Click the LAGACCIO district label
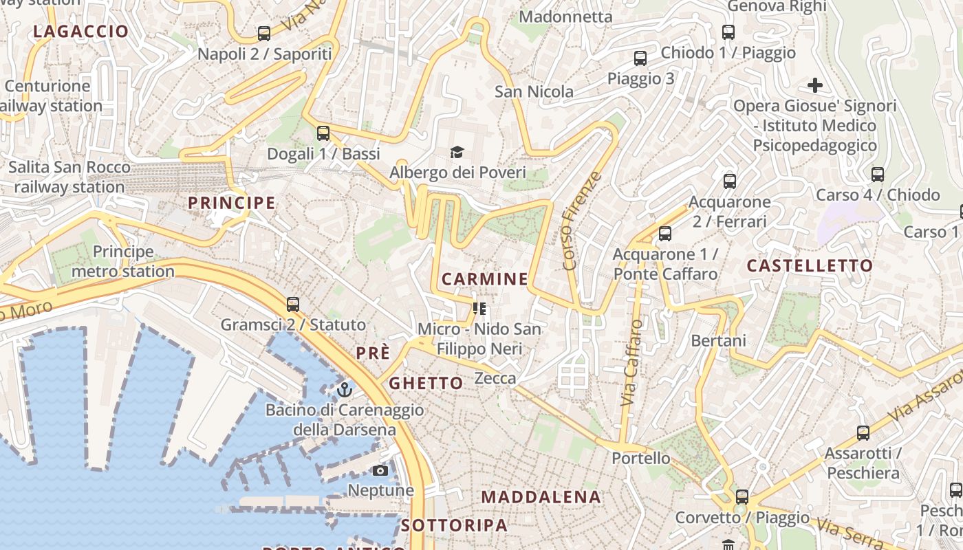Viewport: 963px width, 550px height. point(80,31)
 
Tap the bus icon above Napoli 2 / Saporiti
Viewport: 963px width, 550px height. point(264,33)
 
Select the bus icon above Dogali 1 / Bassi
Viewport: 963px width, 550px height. point(323,133)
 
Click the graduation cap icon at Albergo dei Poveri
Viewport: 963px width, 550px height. point(457,152)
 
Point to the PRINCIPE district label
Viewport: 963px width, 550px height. point(232,203)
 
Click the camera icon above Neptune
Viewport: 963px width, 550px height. point(380,471)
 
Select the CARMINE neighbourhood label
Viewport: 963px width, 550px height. point(485,278)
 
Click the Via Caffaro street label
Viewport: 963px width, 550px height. point(632,372)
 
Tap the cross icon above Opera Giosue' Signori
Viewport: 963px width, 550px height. point(815,86)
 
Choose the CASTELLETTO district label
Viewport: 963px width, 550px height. point(810,265)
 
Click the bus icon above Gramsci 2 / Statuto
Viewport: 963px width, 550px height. point(293,304)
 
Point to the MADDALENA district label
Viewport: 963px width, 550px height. point(541,496)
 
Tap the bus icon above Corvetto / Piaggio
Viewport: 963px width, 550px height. point(742,496)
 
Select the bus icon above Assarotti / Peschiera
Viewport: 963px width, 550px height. point(863,433)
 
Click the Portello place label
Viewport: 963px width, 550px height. point(641,458)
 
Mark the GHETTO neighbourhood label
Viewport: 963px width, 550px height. point(426,383)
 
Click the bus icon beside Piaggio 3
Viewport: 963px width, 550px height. point(640,58)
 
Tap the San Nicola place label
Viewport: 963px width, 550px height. point(534,91)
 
